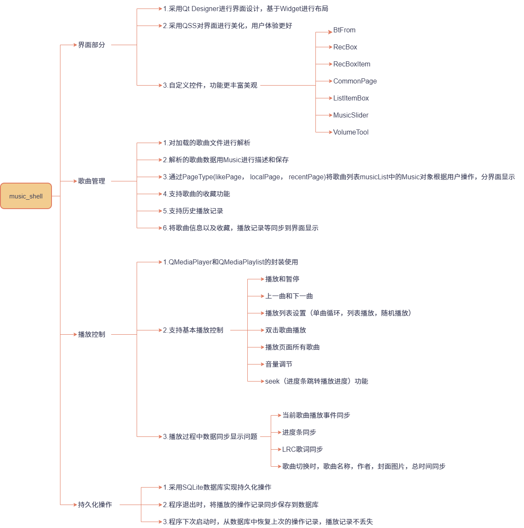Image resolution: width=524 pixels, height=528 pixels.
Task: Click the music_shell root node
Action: pyautogui.click(x=26, y=196)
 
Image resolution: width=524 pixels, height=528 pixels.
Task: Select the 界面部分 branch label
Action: pyautogui.click(x=92, y=45)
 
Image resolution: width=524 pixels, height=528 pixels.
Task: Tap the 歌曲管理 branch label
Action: pyautogui.click(x=92, y=181)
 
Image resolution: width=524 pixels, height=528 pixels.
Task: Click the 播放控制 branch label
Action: pyautogui.click(x=92, y=334)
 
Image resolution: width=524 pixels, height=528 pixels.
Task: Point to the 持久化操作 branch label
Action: pyautogui.click(x=95, y=505)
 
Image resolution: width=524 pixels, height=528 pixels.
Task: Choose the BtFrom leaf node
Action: pyautogui.click(x=344, y=30)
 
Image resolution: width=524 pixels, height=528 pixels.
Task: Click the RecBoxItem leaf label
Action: pyautogui.click(x=352, y=64)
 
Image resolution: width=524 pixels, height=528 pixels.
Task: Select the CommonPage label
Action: pyautogui.click(x=355, y=81)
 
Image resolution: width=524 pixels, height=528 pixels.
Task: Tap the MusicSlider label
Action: pyautogui.click(x=351, y=115)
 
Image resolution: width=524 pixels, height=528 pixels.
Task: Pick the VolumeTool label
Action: pyautogui.click(x=351, y=132)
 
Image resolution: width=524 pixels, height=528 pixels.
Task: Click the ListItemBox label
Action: pyautogui.click(x=351, y=98)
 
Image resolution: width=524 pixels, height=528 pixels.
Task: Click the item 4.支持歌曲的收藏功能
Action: pyautogui.click(x=197, y=194)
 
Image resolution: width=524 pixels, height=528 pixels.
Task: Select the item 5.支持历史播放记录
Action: pyautogui.click(x=193, y=211)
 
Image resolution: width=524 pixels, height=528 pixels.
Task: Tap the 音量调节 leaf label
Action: pyautogui.click(x=279, y=364)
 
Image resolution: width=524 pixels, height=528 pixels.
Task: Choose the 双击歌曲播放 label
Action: pyautogui.click(x=286, y=330)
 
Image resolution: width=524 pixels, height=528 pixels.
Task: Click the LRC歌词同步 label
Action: pyautogui.click(x=303, y=450)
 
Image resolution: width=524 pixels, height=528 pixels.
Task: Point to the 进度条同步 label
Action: pyautogui.click(x=299, y=433)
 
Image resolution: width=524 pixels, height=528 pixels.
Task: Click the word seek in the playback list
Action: pyautogui.click(x=272, y=382)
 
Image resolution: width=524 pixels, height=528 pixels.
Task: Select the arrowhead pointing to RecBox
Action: pyautogui.click(x=330, y=47)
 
